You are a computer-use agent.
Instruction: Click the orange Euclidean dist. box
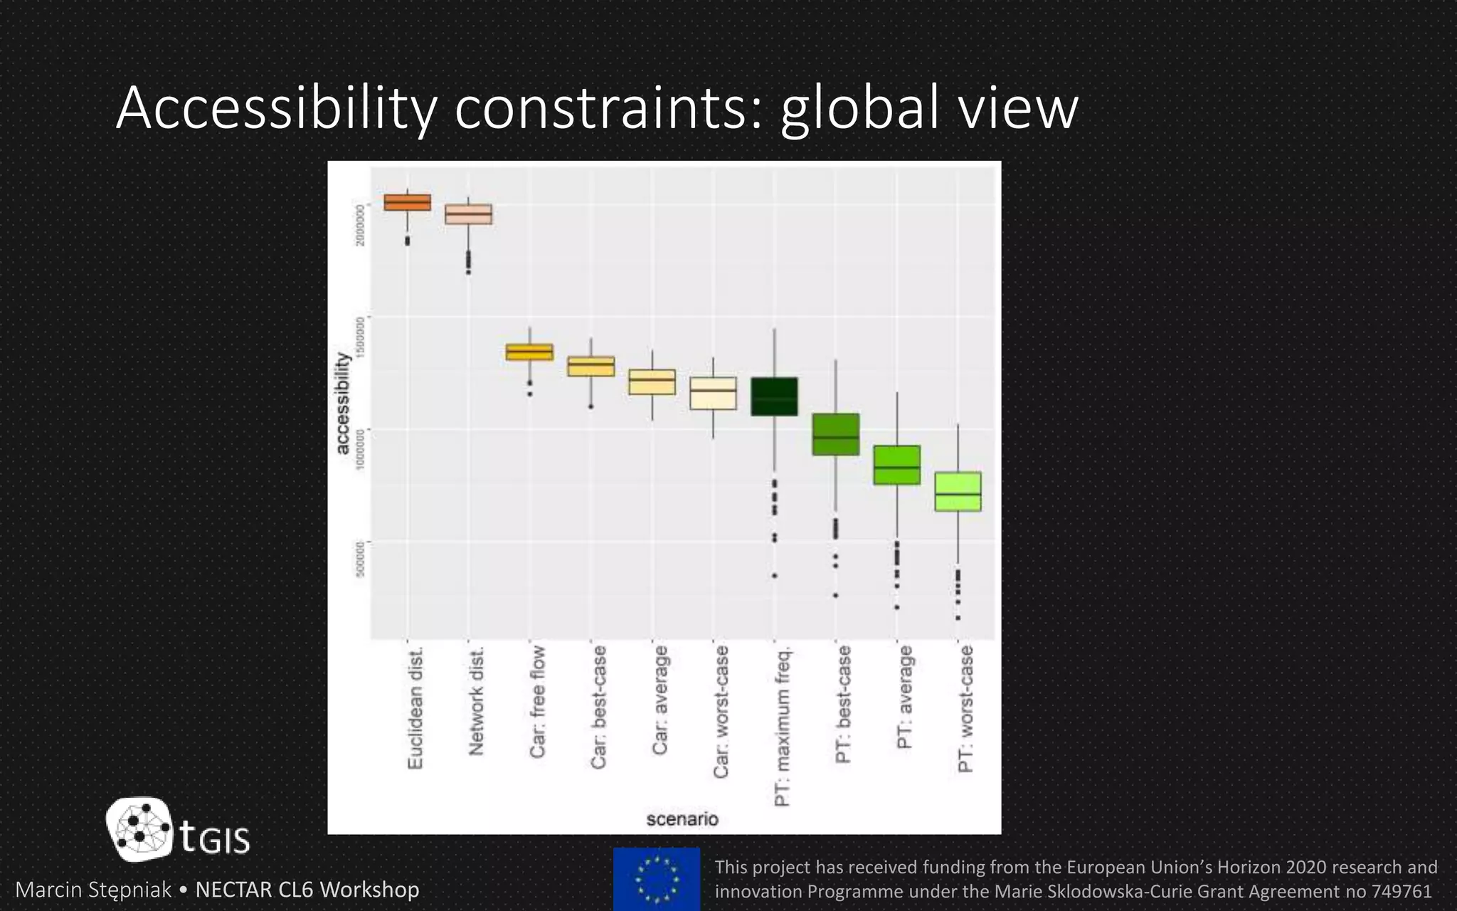(408, 202)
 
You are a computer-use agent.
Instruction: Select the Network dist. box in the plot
(468, 214)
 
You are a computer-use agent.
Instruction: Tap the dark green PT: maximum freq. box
(774, 396)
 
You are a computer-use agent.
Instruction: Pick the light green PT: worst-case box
(958, 491)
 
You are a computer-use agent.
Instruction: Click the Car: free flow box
(529, 352)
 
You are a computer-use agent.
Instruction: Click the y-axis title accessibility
(343, 403)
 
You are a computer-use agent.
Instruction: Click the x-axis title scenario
(682, 819)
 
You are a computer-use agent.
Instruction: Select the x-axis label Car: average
(660, 700)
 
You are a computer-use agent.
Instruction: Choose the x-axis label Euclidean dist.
(415, 707)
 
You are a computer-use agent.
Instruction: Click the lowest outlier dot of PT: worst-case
(958, 618)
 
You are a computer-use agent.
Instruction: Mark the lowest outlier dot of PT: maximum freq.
(775, 575)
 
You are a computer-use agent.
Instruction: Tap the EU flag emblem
(656, 879)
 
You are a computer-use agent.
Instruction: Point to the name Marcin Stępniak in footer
(93, 890)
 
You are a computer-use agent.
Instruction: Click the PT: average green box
(896, 465)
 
